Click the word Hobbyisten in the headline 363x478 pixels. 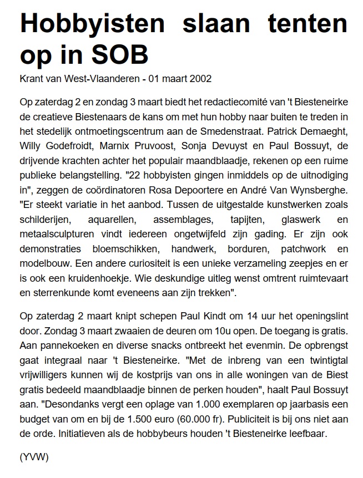(x=93, y=25)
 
